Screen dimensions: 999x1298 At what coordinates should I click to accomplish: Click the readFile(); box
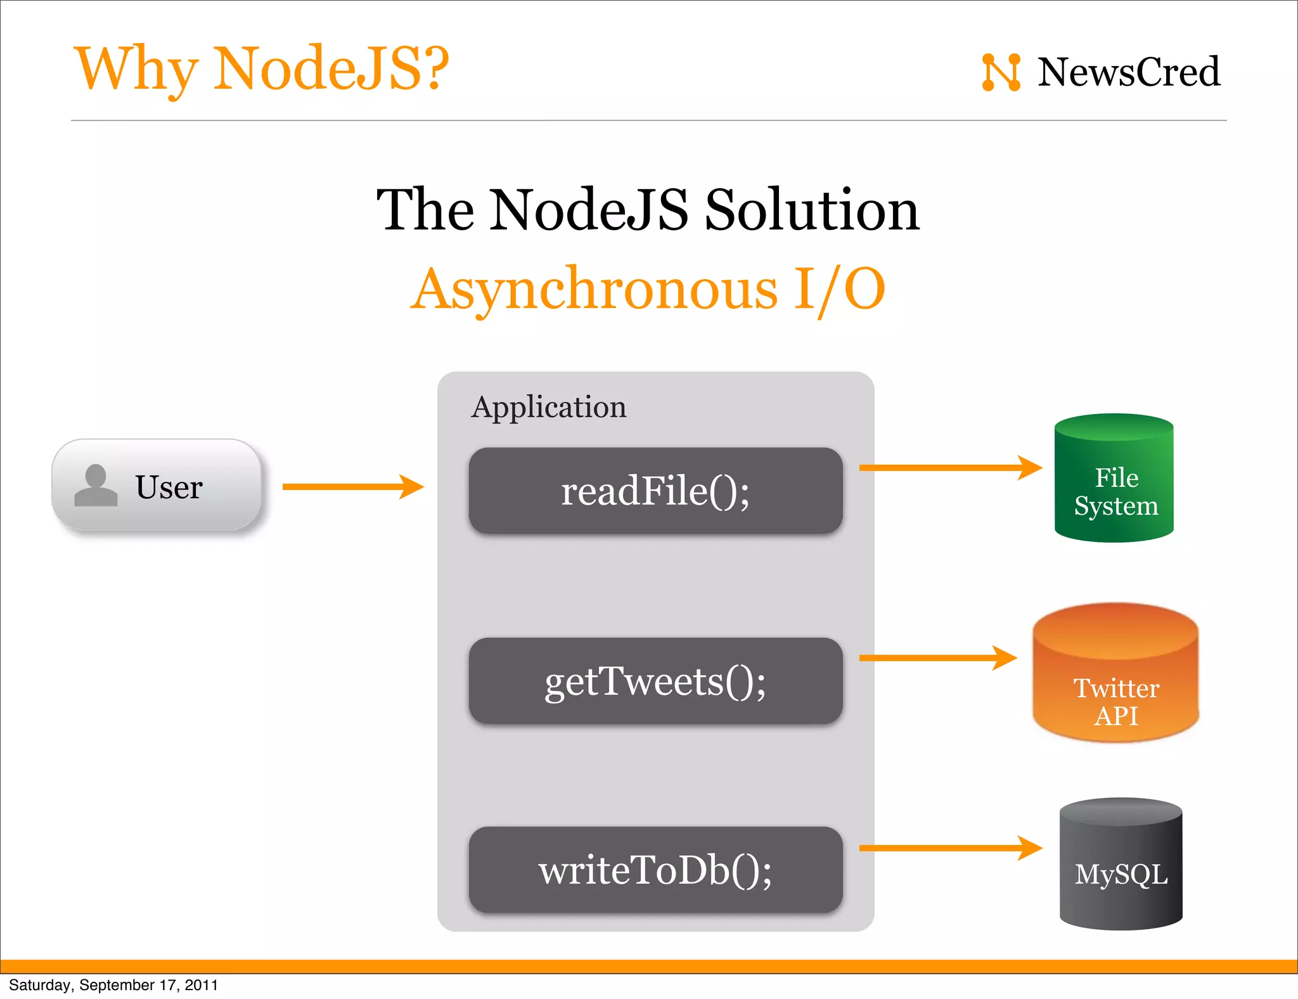click(x=655, y=491)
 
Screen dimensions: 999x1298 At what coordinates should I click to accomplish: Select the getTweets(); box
click(x=655, y=681)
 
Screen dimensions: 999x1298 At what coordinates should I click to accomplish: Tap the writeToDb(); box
click(x=655, y=870)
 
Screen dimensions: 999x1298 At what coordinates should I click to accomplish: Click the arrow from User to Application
click(x=352, y=487)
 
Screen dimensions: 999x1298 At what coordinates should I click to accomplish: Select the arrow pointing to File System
click(x=949, y=468)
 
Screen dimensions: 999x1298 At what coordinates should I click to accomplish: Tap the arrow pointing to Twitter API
click(x=937, y=658)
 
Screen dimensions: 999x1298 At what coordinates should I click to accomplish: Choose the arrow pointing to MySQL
click(x=949, y=848)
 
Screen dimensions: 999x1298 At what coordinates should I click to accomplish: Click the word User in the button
click(x=169, y=487)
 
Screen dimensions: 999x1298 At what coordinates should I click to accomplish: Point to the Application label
click(x=549, y=407)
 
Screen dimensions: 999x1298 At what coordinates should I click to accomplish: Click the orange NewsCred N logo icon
click(x=1001, y=72)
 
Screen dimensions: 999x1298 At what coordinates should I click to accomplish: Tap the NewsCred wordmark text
click(x=1128, y=72)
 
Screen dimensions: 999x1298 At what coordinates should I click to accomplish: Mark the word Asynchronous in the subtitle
click(x=594, y=289)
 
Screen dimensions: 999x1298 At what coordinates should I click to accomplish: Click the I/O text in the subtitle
click(x=840, y=289)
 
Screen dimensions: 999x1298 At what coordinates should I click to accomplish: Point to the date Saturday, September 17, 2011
click(x=113, y=985)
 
